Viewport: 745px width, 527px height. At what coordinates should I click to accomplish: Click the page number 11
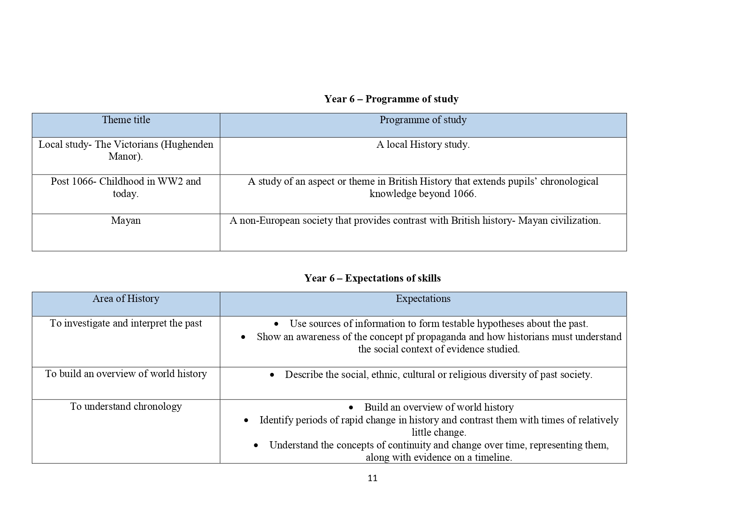(372, 478)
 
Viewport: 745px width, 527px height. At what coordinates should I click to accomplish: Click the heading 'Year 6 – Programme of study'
(391, 99)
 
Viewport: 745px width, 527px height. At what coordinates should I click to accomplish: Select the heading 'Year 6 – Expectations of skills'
(372, 278)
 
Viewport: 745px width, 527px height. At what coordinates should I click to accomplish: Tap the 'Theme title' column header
(126, 120)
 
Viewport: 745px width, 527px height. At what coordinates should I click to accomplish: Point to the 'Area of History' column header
(126, 299)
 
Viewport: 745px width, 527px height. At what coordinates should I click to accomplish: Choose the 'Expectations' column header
(423, 299)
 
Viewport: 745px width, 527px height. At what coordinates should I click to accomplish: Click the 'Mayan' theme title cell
(126, 221)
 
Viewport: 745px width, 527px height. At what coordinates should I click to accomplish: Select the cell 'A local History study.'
(423, 145)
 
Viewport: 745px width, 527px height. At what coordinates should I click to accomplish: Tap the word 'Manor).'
(126, 157)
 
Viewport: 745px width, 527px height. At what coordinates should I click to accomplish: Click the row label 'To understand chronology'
(126, 407)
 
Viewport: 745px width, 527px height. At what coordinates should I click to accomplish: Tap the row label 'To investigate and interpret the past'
(126, 324)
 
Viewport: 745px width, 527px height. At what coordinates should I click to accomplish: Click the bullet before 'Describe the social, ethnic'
(272, 375)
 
